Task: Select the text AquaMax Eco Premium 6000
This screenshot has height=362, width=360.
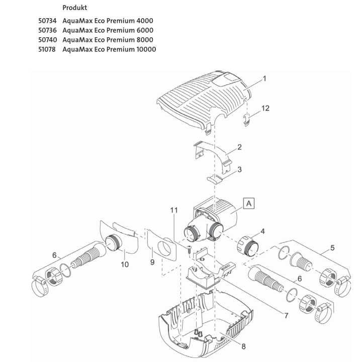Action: coord(108,30)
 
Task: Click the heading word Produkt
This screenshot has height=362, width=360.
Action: coord(74,8)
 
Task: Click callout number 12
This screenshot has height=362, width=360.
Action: coord(266,108)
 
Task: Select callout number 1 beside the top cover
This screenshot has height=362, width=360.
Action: coord(264,79)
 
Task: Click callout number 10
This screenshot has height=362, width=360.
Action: coord(125,263)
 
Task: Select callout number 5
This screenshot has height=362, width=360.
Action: coord(332,248)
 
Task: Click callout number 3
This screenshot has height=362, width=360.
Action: coord(239,170)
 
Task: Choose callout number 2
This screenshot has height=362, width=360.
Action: coord(240,147)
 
